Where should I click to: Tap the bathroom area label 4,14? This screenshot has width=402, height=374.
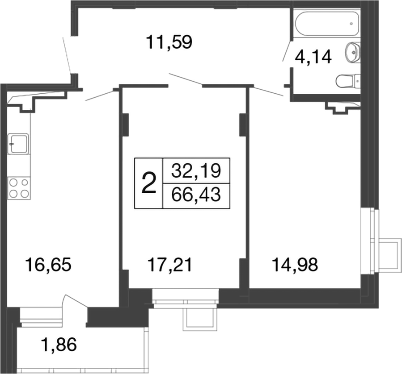click(x=313, y=58)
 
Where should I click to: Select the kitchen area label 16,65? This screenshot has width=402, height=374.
click(x=48, y=265)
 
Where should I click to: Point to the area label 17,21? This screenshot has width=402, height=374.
click(x=170, y=265)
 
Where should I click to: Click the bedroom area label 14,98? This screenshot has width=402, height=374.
click(x=295, y=265)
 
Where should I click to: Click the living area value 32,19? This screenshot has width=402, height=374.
click(x=196, y=170)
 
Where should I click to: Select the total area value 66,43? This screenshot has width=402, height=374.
click(x=196, y=195)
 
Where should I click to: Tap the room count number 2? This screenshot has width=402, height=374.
click(x=149, y=183)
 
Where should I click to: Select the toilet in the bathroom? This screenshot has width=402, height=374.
click(x=347, y=81)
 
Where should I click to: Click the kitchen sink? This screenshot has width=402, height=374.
click(x=18, y=144)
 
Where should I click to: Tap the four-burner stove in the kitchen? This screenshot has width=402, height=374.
click(x=19, y=188)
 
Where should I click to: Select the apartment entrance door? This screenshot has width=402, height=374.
click(x=68, y=56)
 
